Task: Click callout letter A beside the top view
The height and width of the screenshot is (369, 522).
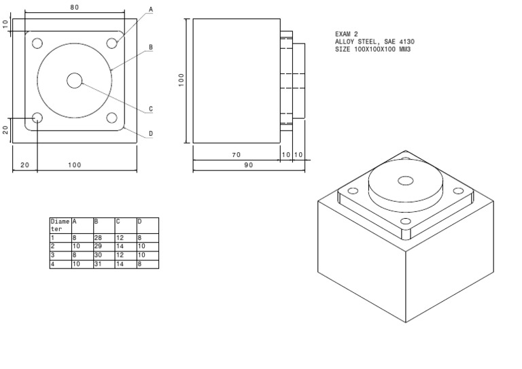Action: coord(151,10)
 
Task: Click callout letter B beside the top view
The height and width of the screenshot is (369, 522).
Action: coord(151,48)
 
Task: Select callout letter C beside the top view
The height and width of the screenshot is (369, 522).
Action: coord(151,109)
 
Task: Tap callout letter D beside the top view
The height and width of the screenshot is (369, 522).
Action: coord(151,134)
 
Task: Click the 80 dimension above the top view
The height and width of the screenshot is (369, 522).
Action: coord(74,7)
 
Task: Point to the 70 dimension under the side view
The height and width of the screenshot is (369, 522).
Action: coord(237,155)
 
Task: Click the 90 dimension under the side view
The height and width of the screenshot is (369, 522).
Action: coord(248,165)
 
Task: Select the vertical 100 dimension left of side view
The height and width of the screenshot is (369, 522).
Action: coord(181,80)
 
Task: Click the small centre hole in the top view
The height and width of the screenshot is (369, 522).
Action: coord(74,81)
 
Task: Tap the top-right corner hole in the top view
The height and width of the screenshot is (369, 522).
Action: coord(112,43)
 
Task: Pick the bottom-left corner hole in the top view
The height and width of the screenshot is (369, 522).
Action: coord(37,118)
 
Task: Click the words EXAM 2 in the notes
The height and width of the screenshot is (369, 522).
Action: coord(346,33)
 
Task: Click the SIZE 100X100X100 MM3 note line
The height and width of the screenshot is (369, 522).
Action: coord(373,50)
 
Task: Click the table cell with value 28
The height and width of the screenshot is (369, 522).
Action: coord(103,238)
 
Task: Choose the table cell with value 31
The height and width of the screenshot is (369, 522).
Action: coord(103,264)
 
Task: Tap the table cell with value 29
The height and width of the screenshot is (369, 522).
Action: coord(103,246)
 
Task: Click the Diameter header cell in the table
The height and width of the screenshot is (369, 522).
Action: coord(60,225)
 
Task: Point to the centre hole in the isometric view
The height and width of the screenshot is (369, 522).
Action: coord(406,181)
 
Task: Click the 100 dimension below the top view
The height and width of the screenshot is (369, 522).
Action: coord(74,165)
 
